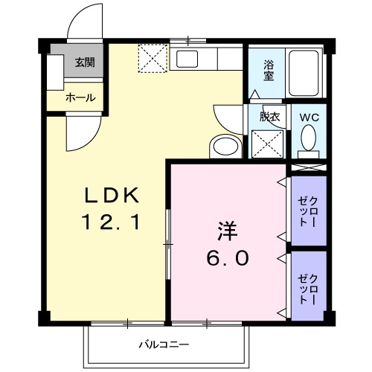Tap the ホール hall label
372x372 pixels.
coord(80,98)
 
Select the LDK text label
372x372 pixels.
coord(111,196)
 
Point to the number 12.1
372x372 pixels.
coord(111,222)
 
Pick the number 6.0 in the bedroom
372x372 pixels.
coord(227,258)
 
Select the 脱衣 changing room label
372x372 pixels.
coord(268,118)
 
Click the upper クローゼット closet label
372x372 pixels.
coord(307,211)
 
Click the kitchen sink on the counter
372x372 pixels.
coord(187,59)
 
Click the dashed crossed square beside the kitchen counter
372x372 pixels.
coord(153,59)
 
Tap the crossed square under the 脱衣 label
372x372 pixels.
coord(268,143)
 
